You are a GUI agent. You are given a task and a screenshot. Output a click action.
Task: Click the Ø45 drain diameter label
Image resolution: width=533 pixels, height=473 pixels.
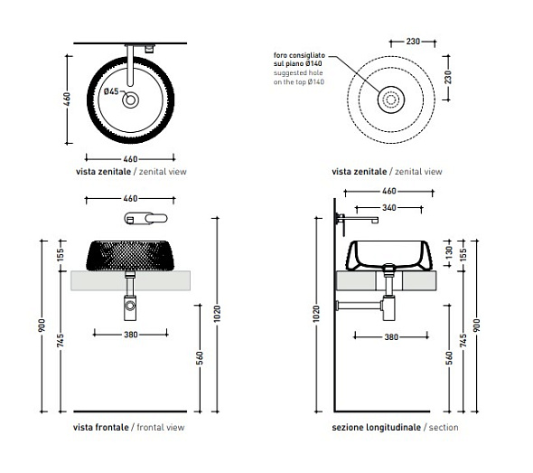[111, 91]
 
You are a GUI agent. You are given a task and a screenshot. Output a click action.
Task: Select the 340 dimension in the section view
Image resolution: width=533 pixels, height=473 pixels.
[388, 208]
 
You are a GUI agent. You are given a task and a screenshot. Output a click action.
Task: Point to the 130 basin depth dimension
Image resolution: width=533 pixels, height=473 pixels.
[449, 251]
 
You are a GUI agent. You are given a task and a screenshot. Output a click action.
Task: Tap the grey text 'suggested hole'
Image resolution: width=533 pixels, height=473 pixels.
[298, 73]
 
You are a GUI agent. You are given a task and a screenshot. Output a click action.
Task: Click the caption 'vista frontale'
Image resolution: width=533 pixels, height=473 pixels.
[100, 427]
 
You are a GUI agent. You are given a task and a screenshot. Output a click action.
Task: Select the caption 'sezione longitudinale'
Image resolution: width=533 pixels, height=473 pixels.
[377, 428]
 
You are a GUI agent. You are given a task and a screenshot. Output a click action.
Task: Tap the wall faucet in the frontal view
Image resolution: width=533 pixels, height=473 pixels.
[145, 219]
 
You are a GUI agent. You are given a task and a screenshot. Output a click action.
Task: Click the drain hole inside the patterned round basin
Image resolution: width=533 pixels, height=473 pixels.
[130, 100]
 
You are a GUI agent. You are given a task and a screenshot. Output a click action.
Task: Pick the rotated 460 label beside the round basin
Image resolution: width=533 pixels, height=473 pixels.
[67, 99]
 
